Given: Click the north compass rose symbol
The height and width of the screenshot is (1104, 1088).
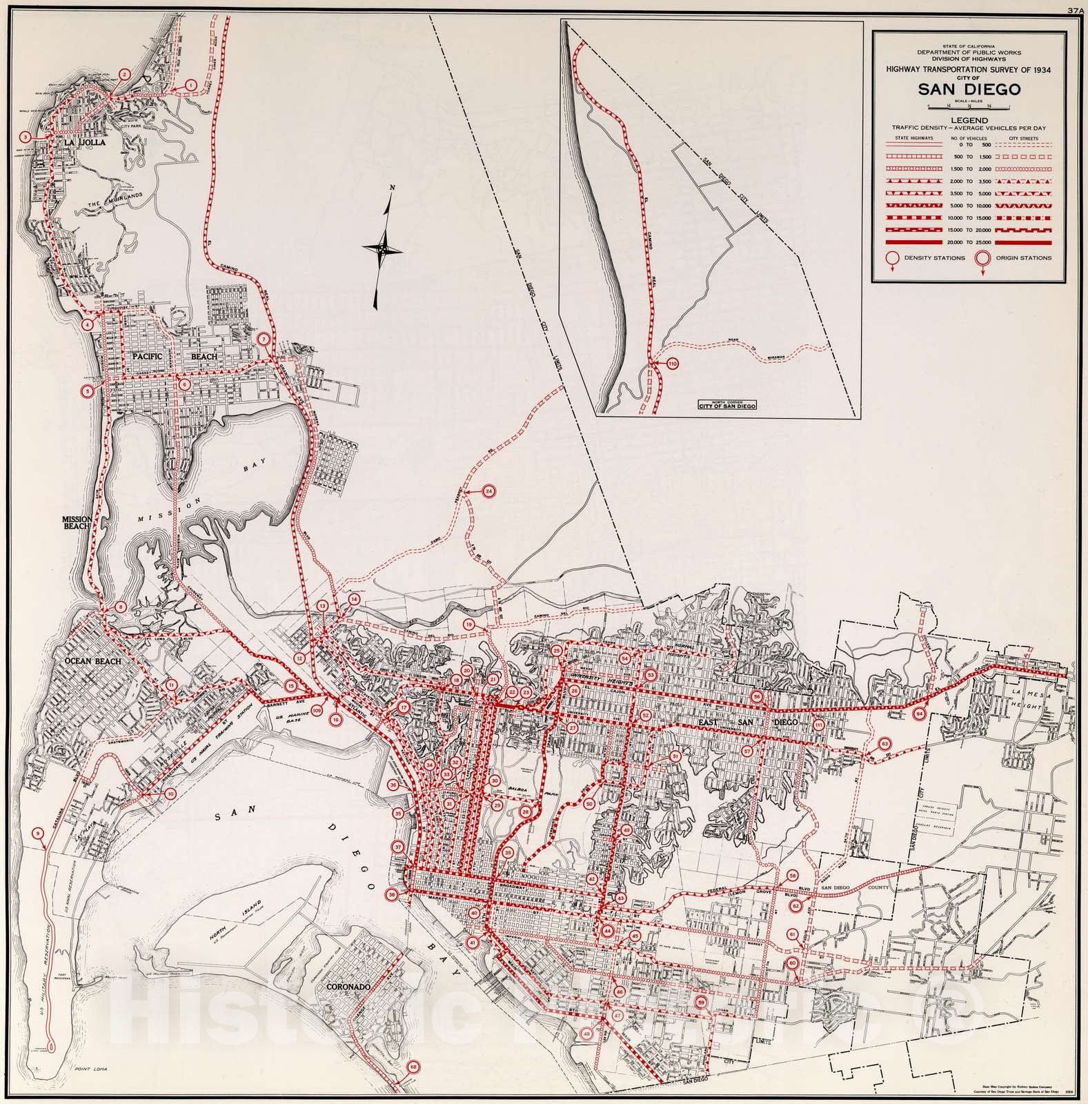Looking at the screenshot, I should (x=382, y=248).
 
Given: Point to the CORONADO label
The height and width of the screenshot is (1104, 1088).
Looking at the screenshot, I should (x=351, y=987).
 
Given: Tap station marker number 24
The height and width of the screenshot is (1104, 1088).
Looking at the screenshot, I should (x=488, y=491).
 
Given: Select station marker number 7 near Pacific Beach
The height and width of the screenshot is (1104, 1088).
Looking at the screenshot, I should (x=263, y=339).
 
